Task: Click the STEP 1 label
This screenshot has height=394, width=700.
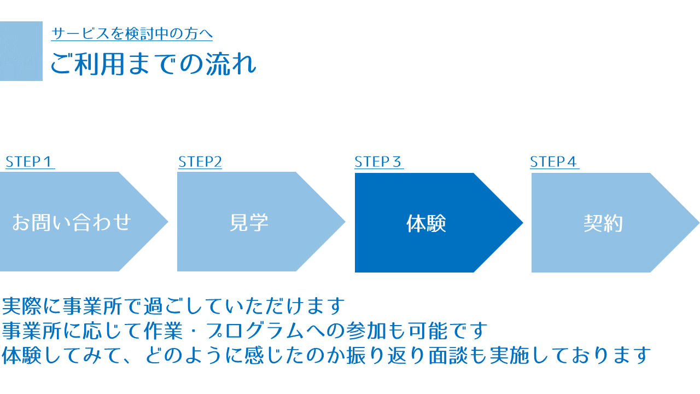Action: coord(28,161)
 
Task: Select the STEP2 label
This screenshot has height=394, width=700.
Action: coord(200,161)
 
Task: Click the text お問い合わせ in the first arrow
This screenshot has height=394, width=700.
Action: coord(72,222)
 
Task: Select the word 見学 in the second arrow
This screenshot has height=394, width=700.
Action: coord(249,222)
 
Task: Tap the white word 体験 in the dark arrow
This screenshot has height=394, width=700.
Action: coord(426,223)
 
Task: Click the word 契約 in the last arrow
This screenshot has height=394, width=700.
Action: coord(603,223)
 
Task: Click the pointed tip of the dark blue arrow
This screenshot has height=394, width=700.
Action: coord(522,223)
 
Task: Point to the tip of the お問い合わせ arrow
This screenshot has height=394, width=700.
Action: coord(168,222)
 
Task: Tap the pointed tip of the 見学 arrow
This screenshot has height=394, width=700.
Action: coord(345,222)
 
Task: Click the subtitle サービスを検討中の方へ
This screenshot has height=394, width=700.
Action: coord(132,33)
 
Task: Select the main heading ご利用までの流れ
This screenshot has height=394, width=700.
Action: coord(153,64)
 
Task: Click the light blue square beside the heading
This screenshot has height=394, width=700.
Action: coord(21,51)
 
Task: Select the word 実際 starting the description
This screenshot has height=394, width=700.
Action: coord(21,306)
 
